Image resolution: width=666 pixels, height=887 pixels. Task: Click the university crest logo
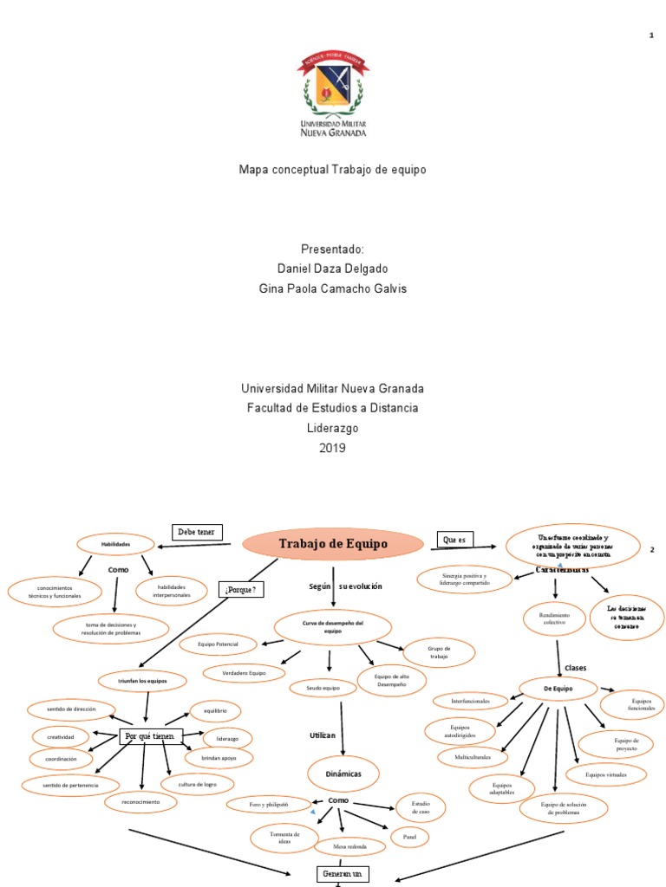click(333, 94)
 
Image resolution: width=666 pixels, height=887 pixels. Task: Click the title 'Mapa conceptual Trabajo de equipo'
click(333, 170)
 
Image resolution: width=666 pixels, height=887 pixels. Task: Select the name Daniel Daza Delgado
click(333, 269)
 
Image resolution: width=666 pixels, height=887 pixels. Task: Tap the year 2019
click(333, 448)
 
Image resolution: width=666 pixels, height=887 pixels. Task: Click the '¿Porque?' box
click(241, 591)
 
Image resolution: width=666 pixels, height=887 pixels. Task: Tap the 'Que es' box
click(455, 540)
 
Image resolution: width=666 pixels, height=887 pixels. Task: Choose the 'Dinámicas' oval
click(343, 772)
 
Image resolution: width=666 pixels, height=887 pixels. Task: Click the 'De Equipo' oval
click(558, 688)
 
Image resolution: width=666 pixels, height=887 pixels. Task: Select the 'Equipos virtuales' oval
click(606, 774)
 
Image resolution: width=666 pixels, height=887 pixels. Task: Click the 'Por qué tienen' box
click(150, 736)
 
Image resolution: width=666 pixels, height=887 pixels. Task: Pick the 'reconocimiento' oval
click(140, 802)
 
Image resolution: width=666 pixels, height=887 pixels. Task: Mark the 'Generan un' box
click(343, 874)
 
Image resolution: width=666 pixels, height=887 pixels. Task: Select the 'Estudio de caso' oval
click(421, 808)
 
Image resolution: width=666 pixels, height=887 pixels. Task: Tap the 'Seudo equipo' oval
click(322, 688)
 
